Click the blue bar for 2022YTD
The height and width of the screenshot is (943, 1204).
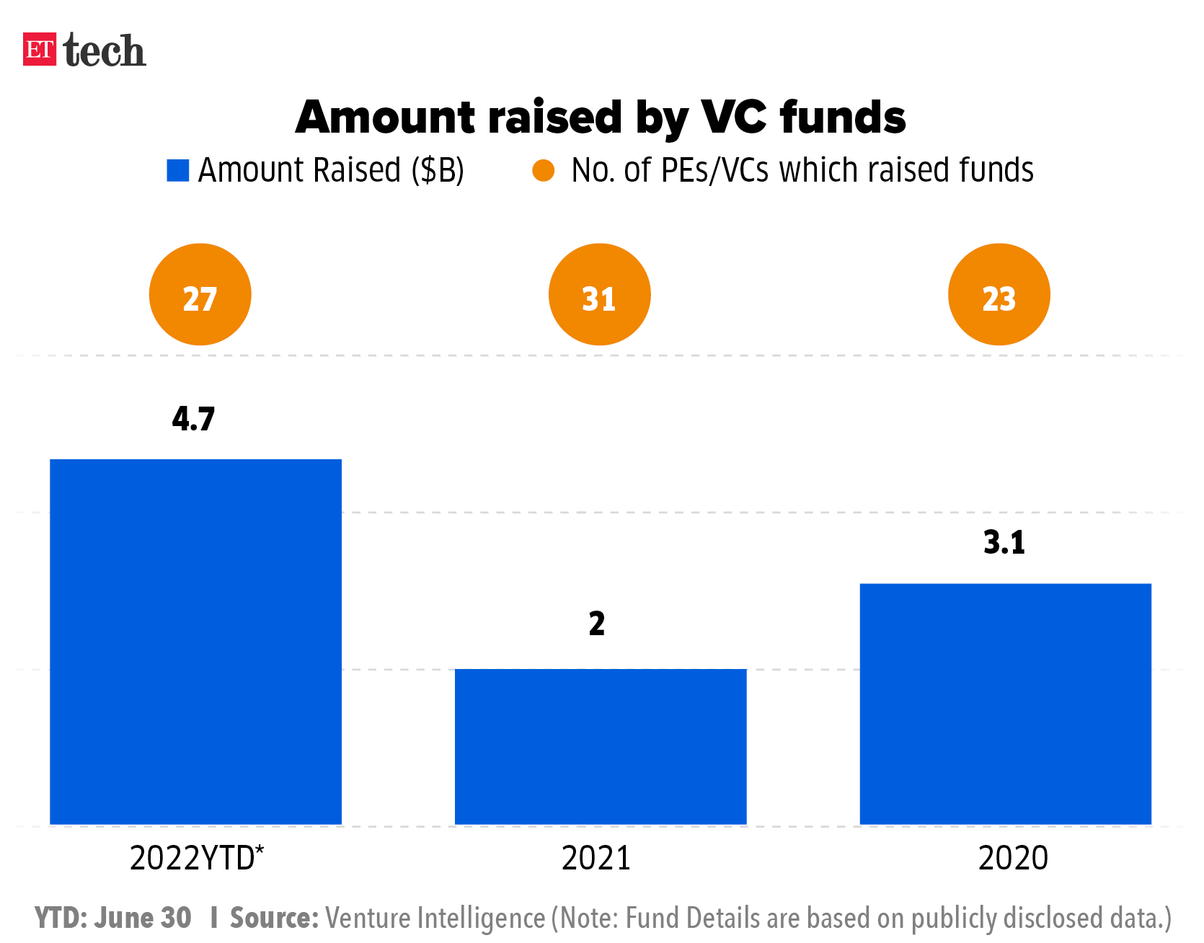[x=195, y=641]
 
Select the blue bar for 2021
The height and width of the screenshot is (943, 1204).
[x=600, y=746]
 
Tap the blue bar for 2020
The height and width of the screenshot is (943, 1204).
[x=1005, y=703]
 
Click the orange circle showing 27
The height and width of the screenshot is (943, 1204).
[x=200, y=295]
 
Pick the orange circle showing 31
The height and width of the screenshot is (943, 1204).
[x=599, y=295]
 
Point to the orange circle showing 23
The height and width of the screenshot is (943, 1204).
[x=999, y=295]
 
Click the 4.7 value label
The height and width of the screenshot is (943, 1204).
[x=193, y=419]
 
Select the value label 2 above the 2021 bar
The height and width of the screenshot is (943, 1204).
[x=597, y=624]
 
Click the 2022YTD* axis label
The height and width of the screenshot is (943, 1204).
[x=197, y=858]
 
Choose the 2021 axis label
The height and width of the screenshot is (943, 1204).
[x=596, y=858]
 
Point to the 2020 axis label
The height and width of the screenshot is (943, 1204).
[x=1013, y=858]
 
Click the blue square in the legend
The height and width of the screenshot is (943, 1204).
[x=178, y=171]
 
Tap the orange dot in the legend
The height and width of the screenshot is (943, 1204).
[x=543, y=171]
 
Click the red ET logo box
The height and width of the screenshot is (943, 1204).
[x=40, y=50]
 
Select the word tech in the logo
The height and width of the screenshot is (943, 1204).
[x=105, y=50]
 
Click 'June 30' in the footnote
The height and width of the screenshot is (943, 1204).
[x=143, y=918]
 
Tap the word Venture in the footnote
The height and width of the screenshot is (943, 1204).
[x=368, y=918]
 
